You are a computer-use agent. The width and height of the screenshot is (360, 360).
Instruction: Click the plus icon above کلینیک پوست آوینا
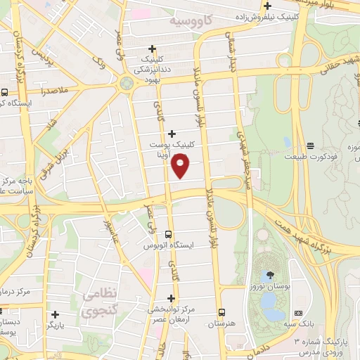(172, 134)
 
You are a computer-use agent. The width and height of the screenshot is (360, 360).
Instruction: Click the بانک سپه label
(304, 326)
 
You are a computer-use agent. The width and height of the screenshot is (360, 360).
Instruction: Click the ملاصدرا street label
(53, 91)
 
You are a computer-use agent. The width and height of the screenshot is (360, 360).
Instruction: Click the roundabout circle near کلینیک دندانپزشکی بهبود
(127, 83)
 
